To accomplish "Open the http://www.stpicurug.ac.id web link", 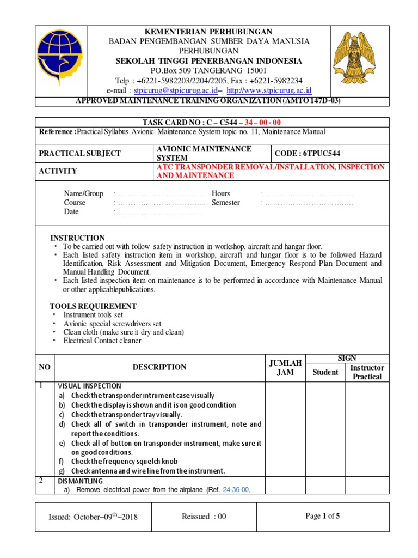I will coord(269,90).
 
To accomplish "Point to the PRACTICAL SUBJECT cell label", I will coord(80,154).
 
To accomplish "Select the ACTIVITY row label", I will coord(58,171).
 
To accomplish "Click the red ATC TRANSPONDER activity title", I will coord(271,171).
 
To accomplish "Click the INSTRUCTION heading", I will coord(77,238).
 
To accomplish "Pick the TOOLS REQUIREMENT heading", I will coord(93,306).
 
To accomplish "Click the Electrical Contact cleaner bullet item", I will coord(102,341).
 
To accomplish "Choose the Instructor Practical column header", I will coord(367,372).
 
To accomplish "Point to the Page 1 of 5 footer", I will coord(323,517).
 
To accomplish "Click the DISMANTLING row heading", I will coord(80,481).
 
